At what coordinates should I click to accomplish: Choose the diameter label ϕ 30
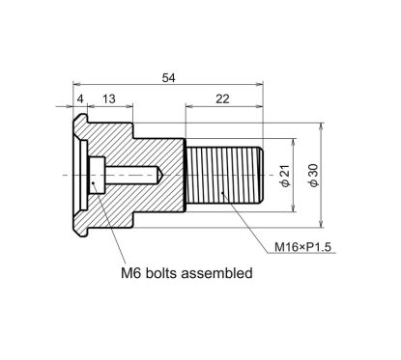(311, 176)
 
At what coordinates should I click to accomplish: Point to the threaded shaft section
(222, 176)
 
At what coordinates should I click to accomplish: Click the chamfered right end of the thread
(261, 176)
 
